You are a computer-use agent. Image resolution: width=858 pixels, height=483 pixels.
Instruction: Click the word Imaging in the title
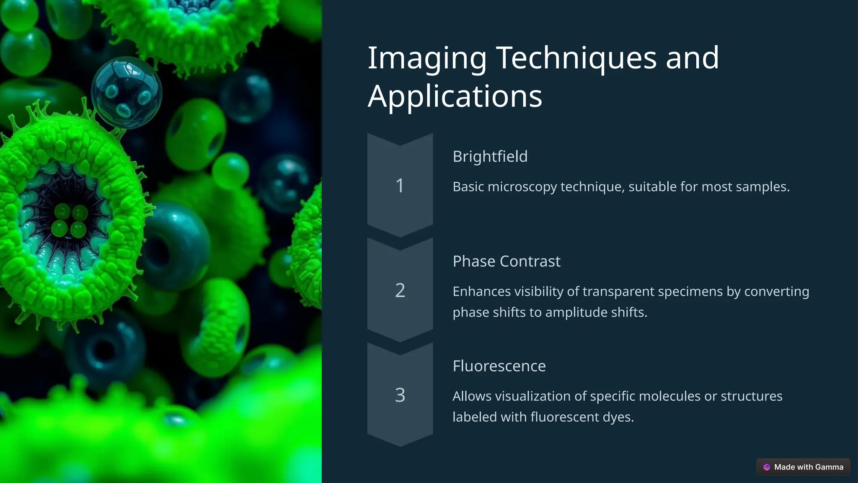[x=427, y=58]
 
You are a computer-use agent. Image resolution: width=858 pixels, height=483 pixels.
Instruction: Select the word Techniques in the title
[x=576, y=58]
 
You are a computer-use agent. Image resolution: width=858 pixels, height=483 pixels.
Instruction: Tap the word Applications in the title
[x=455, y=96]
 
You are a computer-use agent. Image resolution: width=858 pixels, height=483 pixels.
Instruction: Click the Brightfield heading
[x=490, y=156]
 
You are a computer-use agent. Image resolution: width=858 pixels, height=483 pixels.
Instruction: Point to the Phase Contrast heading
[x=507, y=261]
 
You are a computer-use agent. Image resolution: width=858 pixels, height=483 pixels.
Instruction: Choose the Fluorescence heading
[x=499, y=366]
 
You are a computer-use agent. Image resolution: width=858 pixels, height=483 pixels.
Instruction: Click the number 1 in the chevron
[x=400, y=186]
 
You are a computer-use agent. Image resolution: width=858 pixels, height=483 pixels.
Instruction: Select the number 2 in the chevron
[x=400, y=291]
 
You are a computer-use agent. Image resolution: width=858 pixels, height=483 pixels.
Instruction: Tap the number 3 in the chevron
[x=400, y=395]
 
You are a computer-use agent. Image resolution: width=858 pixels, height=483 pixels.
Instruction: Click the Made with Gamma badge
[x=803, y=467]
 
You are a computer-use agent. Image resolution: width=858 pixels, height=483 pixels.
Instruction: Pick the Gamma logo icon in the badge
[x=767, y=467]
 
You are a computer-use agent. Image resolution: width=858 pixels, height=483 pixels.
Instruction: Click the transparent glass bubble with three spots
[x=127, y=93]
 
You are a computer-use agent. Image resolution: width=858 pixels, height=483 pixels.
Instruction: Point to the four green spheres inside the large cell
[x=70, y=221]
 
